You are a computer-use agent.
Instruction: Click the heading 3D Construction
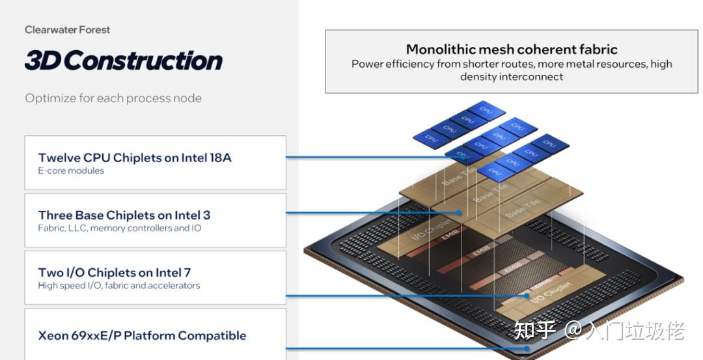point(123,61)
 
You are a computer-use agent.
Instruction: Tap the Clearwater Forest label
point(67,29)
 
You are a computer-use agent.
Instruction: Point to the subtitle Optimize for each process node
point(113,98)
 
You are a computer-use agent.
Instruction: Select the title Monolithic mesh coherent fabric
point(512,49)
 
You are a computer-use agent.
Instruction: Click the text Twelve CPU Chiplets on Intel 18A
point(135,158)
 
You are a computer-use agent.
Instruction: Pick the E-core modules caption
point(71,171)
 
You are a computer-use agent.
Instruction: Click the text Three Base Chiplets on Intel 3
point(124,215)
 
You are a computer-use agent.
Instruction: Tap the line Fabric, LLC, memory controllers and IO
point(120,228)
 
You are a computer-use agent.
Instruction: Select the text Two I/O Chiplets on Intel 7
point(115,272)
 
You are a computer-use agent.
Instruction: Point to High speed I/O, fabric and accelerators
point(119,286)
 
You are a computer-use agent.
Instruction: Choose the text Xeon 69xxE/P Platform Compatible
point(142,335)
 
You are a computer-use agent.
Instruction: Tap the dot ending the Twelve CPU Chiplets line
point(463,157)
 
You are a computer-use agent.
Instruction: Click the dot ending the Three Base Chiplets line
point(459,212)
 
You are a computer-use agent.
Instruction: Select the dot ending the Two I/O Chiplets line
point(527,296)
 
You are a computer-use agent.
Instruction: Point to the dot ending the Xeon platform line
point(527,348)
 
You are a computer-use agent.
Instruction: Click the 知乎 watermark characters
point(534,331)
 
